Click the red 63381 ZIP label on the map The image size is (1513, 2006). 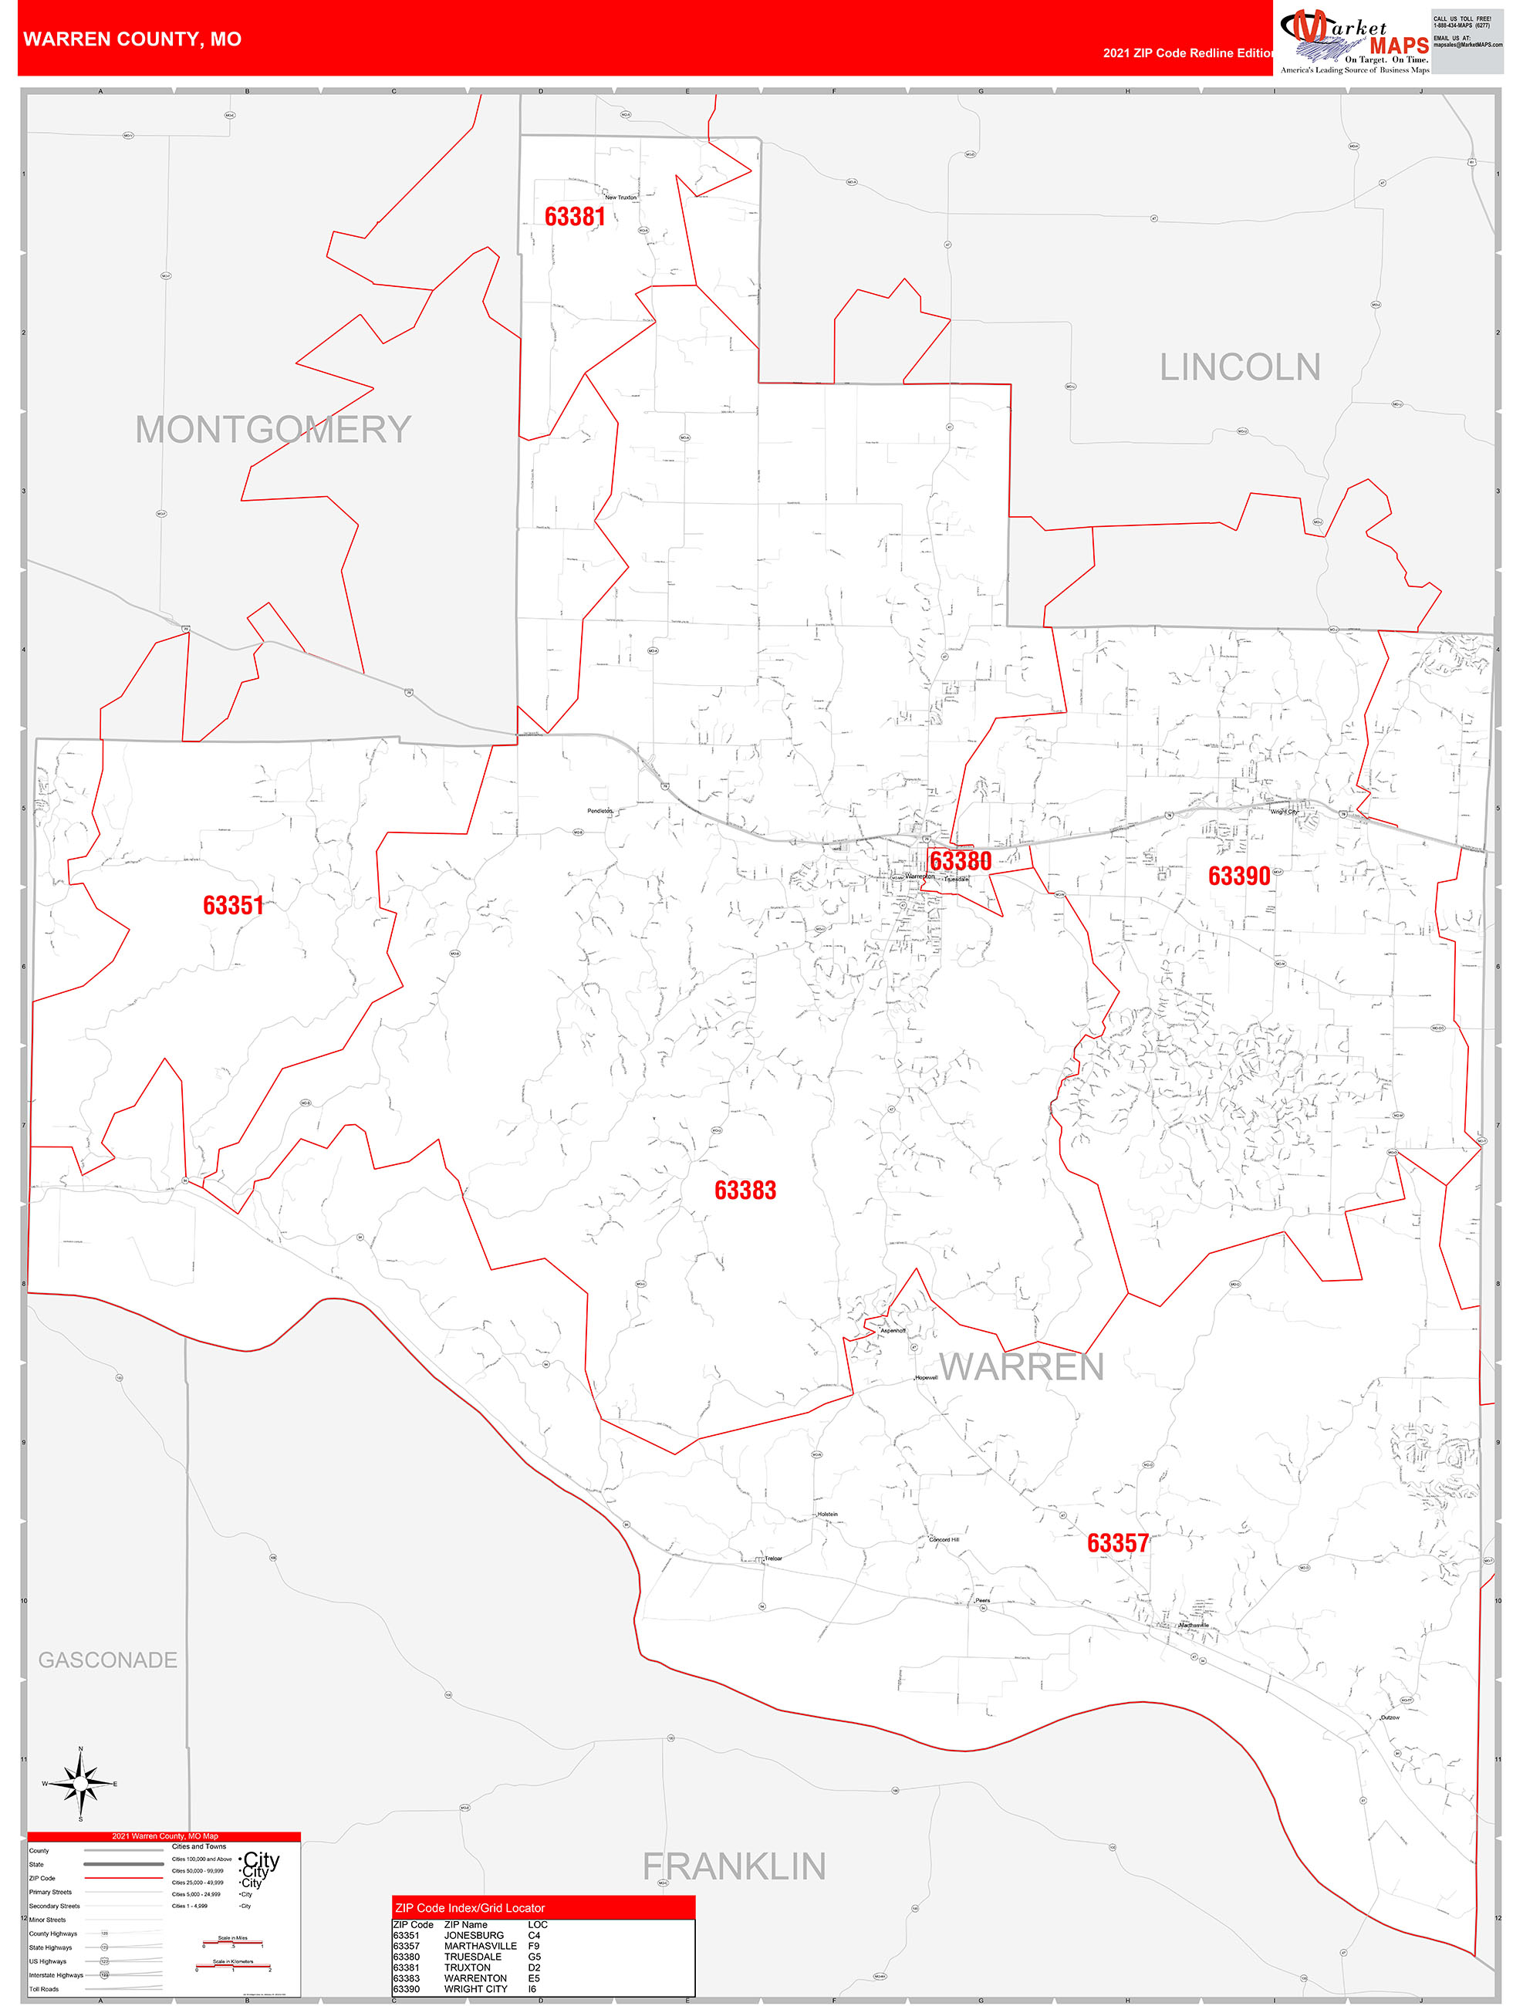point(574,217)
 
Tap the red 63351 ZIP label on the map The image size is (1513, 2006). point(233,905)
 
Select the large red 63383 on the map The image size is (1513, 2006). point(745,1190)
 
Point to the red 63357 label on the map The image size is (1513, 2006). point(1117,1542)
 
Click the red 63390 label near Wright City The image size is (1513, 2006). point(1238,876)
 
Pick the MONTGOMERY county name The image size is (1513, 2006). point(273,430)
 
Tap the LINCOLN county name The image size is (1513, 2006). point(1239,367)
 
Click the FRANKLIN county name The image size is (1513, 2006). point(734,1866)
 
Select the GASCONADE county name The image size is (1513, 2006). point(108,1660)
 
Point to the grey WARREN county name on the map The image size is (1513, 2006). point(1022,1366)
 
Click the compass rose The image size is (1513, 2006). point(81,1784)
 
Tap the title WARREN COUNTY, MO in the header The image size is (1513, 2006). point(133,39)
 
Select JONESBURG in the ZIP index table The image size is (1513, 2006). point(474,1935)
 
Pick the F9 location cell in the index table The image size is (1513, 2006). point(533,1946)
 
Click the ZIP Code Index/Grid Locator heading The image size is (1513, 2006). point(470,1908)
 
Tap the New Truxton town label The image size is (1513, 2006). point(620,198)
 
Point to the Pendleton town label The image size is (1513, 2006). point(599,811)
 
